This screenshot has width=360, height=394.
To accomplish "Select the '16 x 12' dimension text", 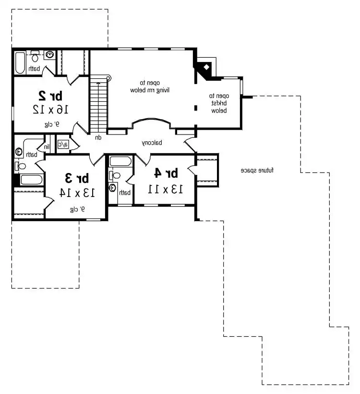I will pyautogui.click(x=50, y=109).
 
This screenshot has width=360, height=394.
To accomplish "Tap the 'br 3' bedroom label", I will pyautogui.click(x=77, y=178).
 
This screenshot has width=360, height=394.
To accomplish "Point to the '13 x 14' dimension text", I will pyautogui.click(x=77, y=193).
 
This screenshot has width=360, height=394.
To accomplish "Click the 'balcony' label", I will pyautogui.click(x=152, y=143).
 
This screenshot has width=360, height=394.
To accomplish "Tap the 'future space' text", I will pyautogui.click(x=260, y=171).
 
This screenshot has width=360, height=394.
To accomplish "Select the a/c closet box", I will pyautogui.click(x=63, y=144).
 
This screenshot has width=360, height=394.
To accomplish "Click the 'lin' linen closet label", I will pyautogui.click(x=48, y=147).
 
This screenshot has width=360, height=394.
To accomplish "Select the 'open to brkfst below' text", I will pyautogui.click(x=218, y=103).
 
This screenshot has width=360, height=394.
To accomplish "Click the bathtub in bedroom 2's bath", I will pyautogui.click(x=19, y=63).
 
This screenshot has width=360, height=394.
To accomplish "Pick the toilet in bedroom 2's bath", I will pyautogui.click(x=35, y=57).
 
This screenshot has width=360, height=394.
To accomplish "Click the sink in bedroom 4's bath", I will pyautogui.click(x=113, y=188).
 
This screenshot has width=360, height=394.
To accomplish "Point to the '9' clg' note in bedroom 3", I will pyautogui.click(x=76, y=209).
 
